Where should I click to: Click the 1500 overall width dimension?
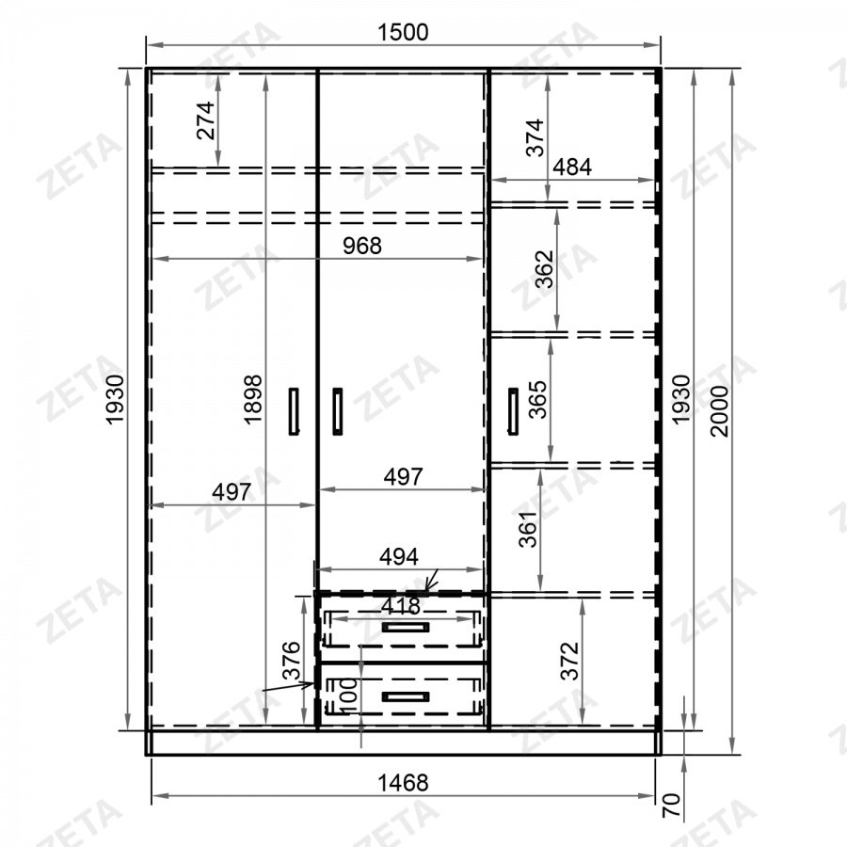point(403,32)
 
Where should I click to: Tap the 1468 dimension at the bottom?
point(403,782)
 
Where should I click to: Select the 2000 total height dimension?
point(720,410)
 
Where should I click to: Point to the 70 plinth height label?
point(671,805)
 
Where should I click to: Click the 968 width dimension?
point(362,246)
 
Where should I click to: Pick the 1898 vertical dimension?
point(253,399)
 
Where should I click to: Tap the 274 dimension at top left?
point(206,120)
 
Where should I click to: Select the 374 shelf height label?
point(535,137)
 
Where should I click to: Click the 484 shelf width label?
point(572,167)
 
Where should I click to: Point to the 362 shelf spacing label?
point(545,269)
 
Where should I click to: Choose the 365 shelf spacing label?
point(538,400)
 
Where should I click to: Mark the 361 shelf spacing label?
point(528,529)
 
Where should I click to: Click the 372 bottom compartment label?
point(570,661)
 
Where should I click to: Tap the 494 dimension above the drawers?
point(399,556)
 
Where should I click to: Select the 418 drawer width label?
point(400,606)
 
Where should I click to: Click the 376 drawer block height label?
point(292,660)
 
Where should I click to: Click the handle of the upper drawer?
point(406,627)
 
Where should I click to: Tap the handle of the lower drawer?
point(406,696)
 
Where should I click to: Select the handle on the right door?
point(513,411)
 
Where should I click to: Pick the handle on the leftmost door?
point(294,411)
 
